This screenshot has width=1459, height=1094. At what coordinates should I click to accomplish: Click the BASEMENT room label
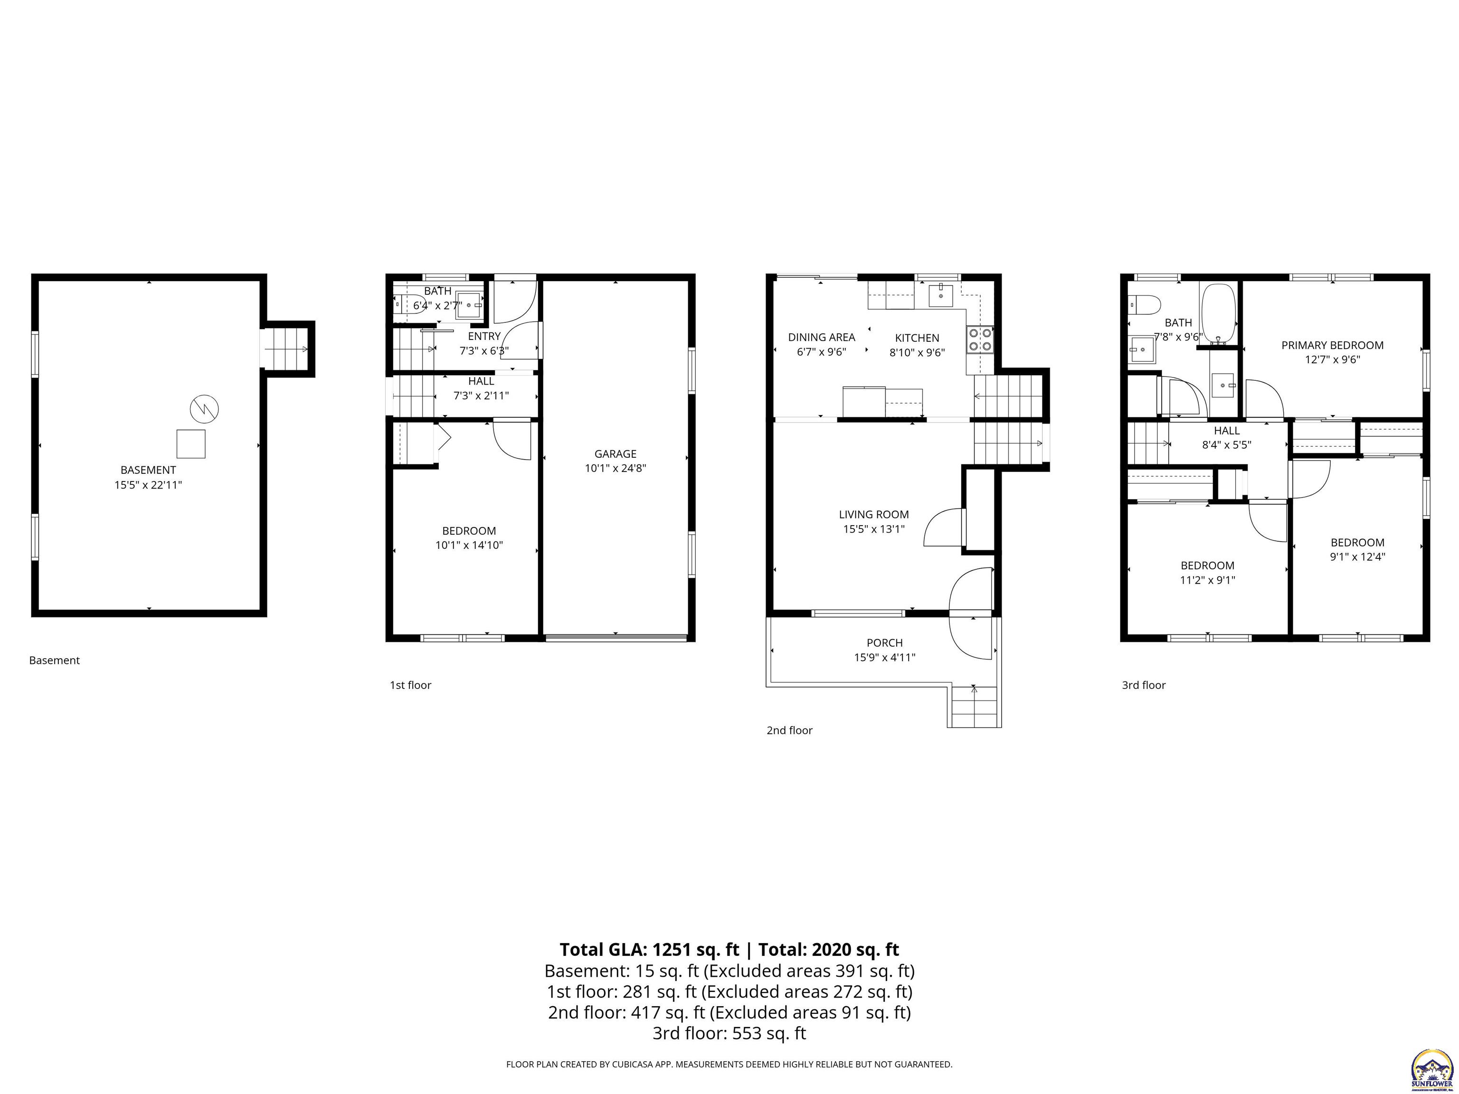coord(148,470)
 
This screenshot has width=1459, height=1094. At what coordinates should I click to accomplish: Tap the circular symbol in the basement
coord(205,409)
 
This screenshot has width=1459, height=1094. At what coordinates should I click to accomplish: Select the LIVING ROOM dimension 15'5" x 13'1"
coord(873,529)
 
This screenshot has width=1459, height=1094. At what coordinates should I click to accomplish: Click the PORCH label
coord(884,643)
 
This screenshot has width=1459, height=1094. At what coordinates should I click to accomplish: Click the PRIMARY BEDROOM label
coord(1332,345)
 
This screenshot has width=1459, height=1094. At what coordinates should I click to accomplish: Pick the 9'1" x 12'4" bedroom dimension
coord(1357,556)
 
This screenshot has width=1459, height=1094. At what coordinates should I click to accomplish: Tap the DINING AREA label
coord(821,337)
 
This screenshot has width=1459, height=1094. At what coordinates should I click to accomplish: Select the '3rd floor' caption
coord(1143,685)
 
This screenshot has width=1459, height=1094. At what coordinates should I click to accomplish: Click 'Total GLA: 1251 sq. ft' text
coord(649,950)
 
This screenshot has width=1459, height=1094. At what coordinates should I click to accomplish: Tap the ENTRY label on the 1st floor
coord(484,336)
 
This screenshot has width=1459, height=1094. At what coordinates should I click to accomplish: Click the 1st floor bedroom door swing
coord(512,440)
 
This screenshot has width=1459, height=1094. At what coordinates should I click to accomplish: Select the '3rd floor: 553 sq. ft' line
coord(729,1033)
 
